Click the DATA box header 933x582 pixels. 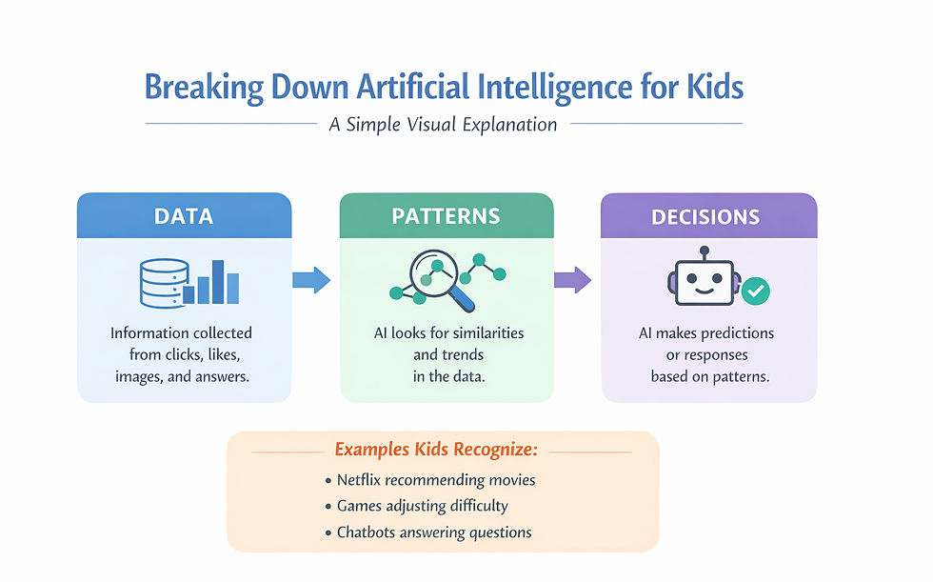point(184,215)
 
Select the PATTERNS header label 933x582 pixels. point(446,215)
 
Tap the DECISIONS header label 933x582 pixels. point(705,216)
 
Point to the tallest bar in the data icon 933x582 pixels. point(217,281)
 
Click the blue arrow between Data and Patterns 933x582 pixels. point(310,279)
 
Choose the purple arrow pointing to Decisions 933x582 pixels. point(572,280)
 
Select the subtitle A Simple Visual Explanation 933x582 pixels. point(443,124)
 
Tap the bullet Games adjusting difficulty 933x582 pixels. point(422,506)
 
